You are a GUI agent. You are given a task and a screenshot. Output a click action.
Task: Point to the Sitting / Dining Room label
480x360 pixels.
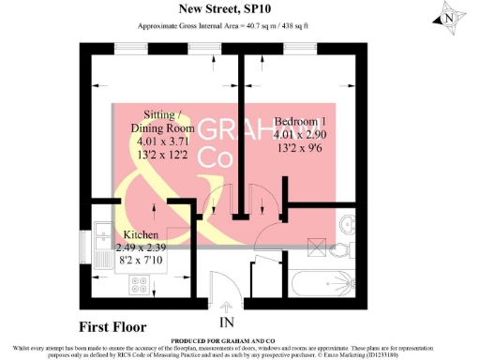tap(162, 120)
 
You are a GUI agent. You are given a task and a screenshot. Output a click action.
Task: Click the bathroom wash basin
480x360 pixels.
tap(348, 224)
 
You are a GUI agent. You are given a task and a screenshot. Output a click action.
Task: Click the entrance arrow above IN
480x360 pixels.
tap(226, 307)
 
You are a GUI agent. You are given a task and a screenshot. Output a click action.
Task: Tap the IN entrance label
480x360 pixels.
tap(226, 322)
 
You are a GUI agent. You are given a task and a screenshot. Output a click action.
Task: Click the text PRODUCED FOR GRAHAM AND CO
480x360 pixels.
tap(239, 339)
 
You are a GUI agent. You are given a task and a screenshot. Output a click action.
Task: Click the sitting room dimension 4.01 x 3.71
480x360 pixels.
tap(160, 142)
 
